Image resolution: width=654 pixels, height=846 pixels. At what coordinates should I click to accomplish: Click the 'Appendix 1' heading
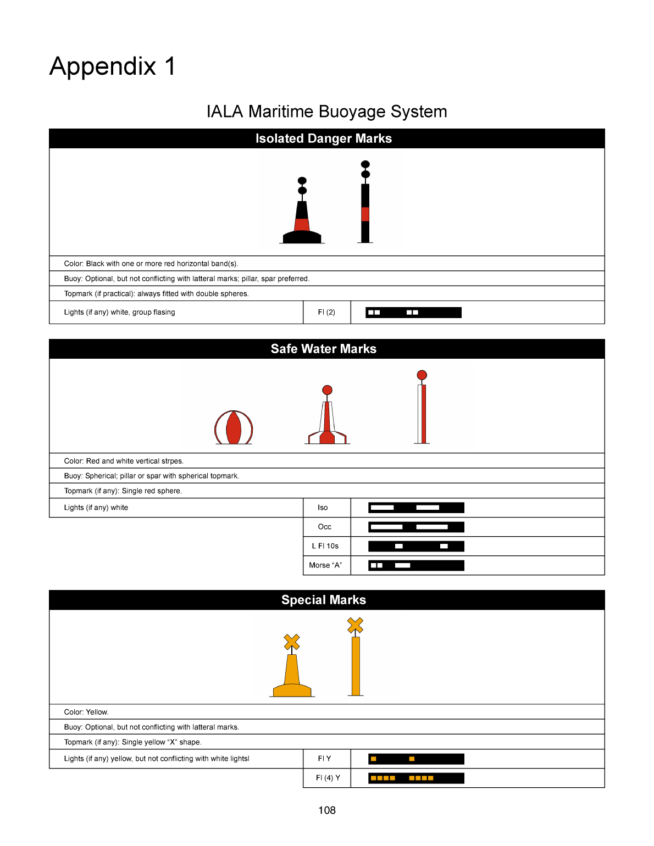pyautogui.click(x=113, y=66)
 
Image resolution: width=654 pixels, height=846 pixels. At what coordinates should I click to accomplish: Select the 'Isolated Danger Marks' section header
pyautogui.click(x=324, y=138)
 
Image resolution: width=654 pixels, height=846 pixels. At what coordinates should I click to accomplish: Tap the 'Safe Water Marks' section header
pyautogui.click(x=324, y=349)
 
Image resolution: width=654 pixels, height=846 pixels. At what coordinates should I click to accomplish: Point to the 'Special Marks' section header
pyautogui.click(x=324, y=600)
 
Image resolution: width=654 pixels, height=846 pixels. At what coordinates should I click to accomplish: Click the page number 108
pyautogui.click(x=326, y=810)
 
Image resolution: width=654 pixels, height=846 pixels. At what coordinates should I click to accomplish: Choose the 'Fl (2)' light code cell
pyautogui.click(x=326, y=312)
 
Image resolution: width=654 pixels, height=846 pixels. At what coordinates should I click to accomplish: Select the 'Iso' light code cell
pyautogui.click(x=323, y=508)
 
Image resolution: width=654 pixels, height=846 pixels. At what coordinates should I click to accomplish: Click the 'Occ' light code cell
pyautogui.click(x=325, y=527)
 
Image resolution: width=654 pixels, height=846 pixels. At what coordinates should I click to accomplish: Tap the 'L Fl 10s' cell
pyautogui.click(x=325, y=546)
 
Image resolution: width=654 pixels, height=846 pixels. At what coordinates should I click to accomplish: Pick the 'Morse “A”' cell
pyautogui.click(x=325, y=565)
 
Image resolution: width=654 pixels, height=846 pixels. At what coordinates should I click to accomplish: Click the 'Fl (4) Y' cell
pyautogui.click(x=328, y=778)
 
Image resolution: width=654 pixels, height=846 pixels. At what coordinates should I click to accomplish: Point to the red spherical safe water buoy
pyautogui.click(x=234, y=427)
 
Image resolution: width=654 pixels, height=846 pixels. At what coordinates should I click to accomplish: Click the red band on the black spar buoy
pyautogui.click(x=365, y=214)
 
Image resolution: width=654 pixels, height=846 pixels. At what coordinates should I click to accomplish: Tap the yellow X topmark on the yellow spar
pyautogui.click(x=356, y=625)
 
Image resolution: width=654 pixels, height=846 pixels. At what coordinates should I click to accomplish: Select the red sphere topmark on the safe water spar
pyautogui.click(x=422, y=375)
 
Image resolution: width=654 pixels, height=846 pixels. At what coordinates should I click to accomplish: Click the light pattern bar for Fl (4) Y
pyautogui.click(x=416, y=778)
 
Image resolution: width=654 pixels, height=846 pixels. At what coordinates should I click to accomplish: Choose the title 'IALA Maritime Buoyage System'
pyautogui.click(x=326, y=112)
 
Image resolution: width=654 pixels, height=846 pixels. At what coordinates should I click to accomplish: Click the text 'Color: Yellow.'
pyautogui.click(x=86, y=712)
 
